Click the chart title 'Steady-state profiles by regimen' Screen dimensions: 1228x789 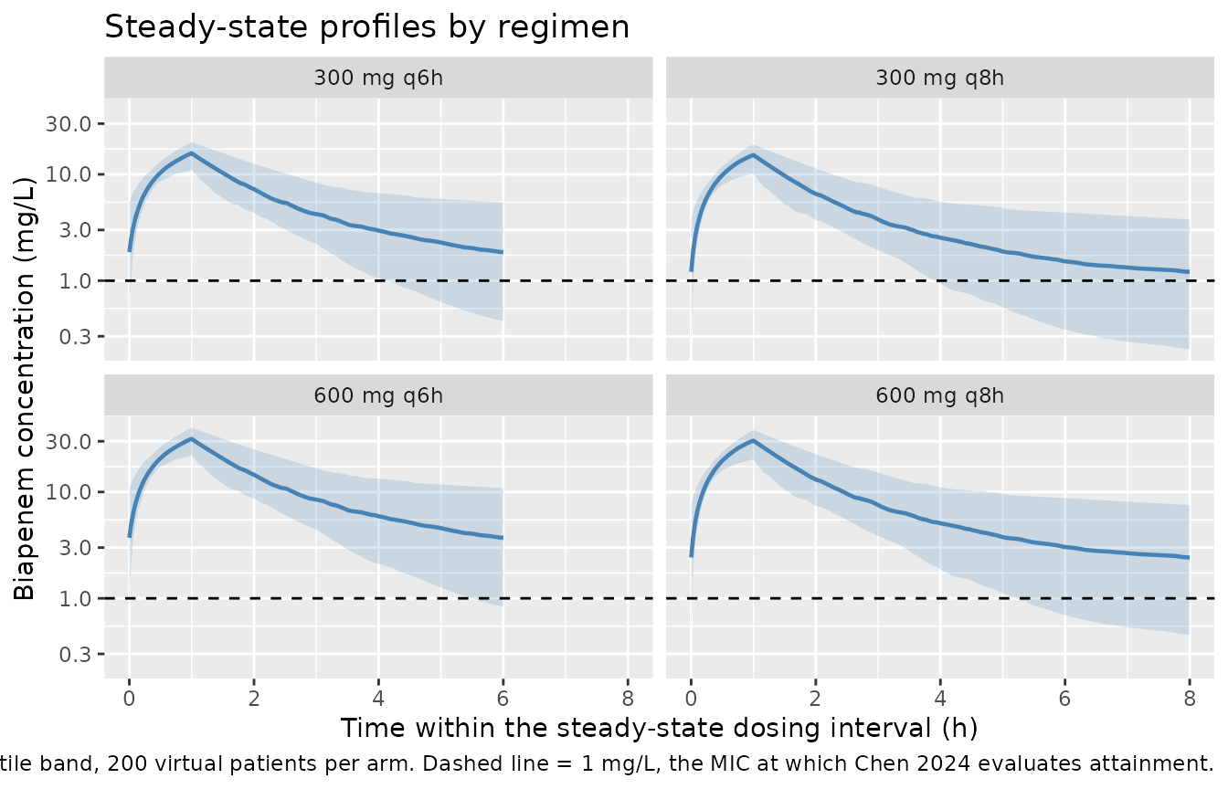coord(366,27)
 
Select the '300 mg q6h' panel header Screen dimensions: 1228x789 coord(378,78)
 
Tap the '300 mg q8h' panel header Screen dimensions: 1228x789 coord(939,78)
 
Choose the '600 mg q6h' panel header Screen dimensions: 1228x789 coord(378,395)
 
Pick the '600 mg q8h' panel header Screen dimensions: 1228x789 coord(939,395)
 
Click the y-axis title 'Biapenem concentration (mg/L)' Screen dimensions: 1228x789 coord(24,388)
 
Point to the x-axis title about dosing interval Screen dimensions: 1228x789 coord(659,728)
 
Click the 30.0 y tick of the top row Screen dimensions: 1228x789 coord(68,124)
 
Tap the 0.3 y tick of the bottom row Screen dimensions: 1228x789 coord(75,654)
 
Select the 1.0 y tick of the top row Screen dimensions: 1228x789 coord(75,281)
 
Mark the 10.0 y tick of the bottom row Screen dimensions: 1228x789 coord(68,492)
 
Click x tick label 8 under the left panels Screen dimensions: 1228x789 coord(628,699)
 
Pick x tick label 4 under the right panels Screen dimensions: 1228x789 coord(940,699)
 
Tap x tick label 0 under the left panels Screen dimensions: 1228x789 coord(129,699)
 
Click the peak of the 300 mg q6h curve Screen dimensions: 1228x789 coord(191,153)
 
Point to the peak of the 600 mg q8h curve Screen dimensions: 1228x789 coord(753,440)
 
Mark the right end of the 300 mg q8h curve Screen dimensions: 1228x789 coord(1189,272)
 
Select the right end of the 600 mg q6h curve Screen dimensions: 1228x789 coord(503,538)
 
